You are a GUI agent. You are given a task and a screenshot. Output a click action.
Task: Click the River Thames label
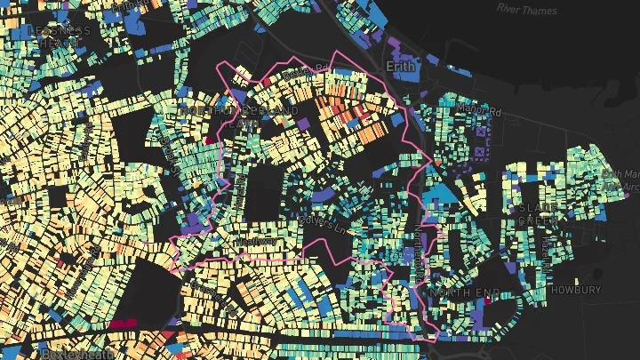(527, 9)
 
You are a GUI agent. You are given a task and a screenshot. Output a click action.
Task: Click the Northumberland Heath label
(238, 116)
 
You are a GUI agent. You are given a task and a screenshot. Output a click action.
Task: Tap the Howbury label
(575, 291)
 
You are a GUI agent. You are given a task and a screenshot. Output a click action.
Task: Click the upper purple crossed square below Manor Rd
(482, 133)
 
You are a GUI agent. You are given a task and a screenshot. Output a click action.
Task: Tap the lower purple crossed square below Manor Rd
(482, 152)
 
